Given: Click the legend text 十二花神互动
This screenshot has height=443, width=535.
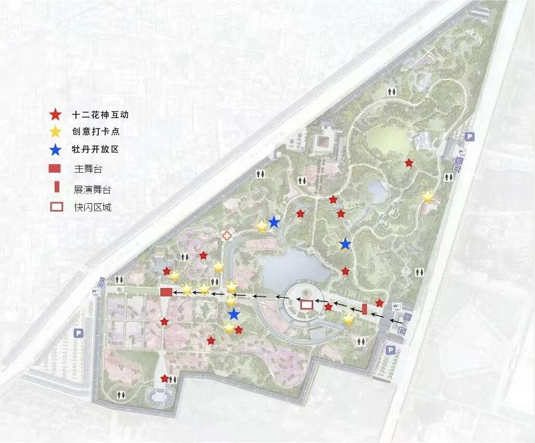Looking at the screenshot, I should pos(100,115).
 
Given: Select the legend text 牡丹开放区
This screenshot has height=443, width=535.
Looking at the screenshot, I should pos(96,149).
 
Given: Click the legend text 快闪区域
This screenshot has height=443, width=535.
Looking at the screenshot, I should pos(93,207).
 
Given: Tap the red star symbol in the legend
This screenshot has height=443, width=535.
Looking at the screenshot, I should pos(56,115).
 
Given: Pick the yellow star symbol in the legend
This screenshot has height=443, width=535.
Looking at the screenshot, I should pos(56,132).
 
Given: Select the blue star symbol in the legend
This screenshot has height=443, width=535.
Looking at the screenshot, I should pos(56,149).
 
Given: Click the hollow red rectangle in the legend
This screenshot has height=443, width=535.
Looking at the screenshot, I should pos(56,207).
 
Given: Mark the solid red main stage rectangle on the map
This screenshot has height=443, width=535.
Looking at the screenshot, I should pos(166,292).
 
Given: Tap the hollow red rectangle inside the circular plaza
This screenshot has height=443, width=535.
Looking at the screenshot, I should pos(307,304).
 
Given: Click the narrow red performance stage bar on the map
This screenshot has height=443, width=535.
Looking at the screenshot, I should pos(365,309).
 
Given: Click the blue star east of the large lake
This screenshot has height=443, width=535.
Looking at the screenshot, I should pos(345,244).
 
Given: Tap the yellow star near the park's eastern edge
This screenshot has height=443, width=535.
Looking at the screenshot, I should pos(428,197).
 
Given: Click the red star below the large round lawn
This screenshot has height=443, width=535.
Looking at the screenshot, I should pos(409,163).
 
